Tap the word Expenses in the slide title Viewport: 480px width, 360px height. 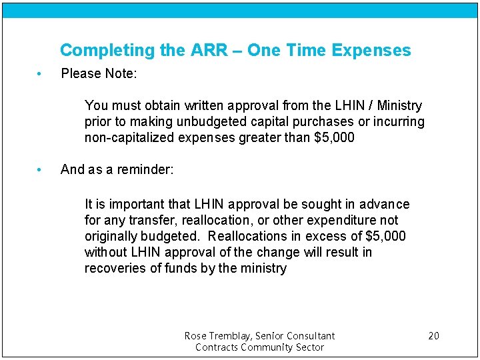[x=371, y=51]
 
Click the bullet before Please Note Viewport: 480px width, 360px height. [x=40, y=73]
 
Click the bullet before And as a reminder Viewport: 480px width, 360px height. [x=40, y=169]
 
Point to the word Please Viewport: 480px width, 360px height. [x=79, y=73]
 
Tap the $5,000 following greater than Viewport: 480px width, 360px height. [x=333, y=138]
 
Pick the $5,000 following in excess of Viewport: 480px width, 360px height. [x=385, y=237]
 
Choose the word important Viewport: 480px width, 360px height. [x=137, y=204]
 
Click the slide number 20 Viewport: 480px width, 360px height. [x=433, y=335]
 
